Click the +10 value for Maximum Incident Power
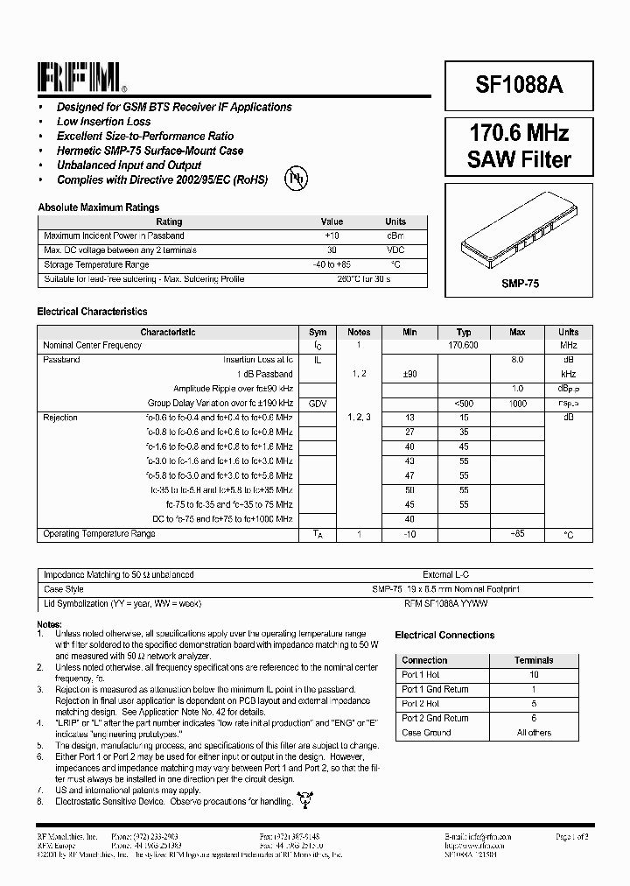coord(332,236)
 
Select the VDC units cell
coord(395,250)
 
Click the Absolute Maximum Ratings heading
coord(98,207)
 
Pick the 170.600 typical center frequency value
coord(464,346)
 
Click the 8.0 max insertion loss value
coord(517,360)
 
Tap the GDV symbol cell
coord(317,404)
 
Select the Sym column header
coord(318,333)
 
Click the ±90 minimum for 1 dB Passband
coord(409,375)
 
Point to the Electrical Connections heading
coord(444,636)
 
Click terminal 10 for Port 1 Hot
coord(534,675)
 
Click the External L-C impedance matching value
coord(446,575)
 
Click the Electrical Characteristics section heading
coord(92,312)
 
